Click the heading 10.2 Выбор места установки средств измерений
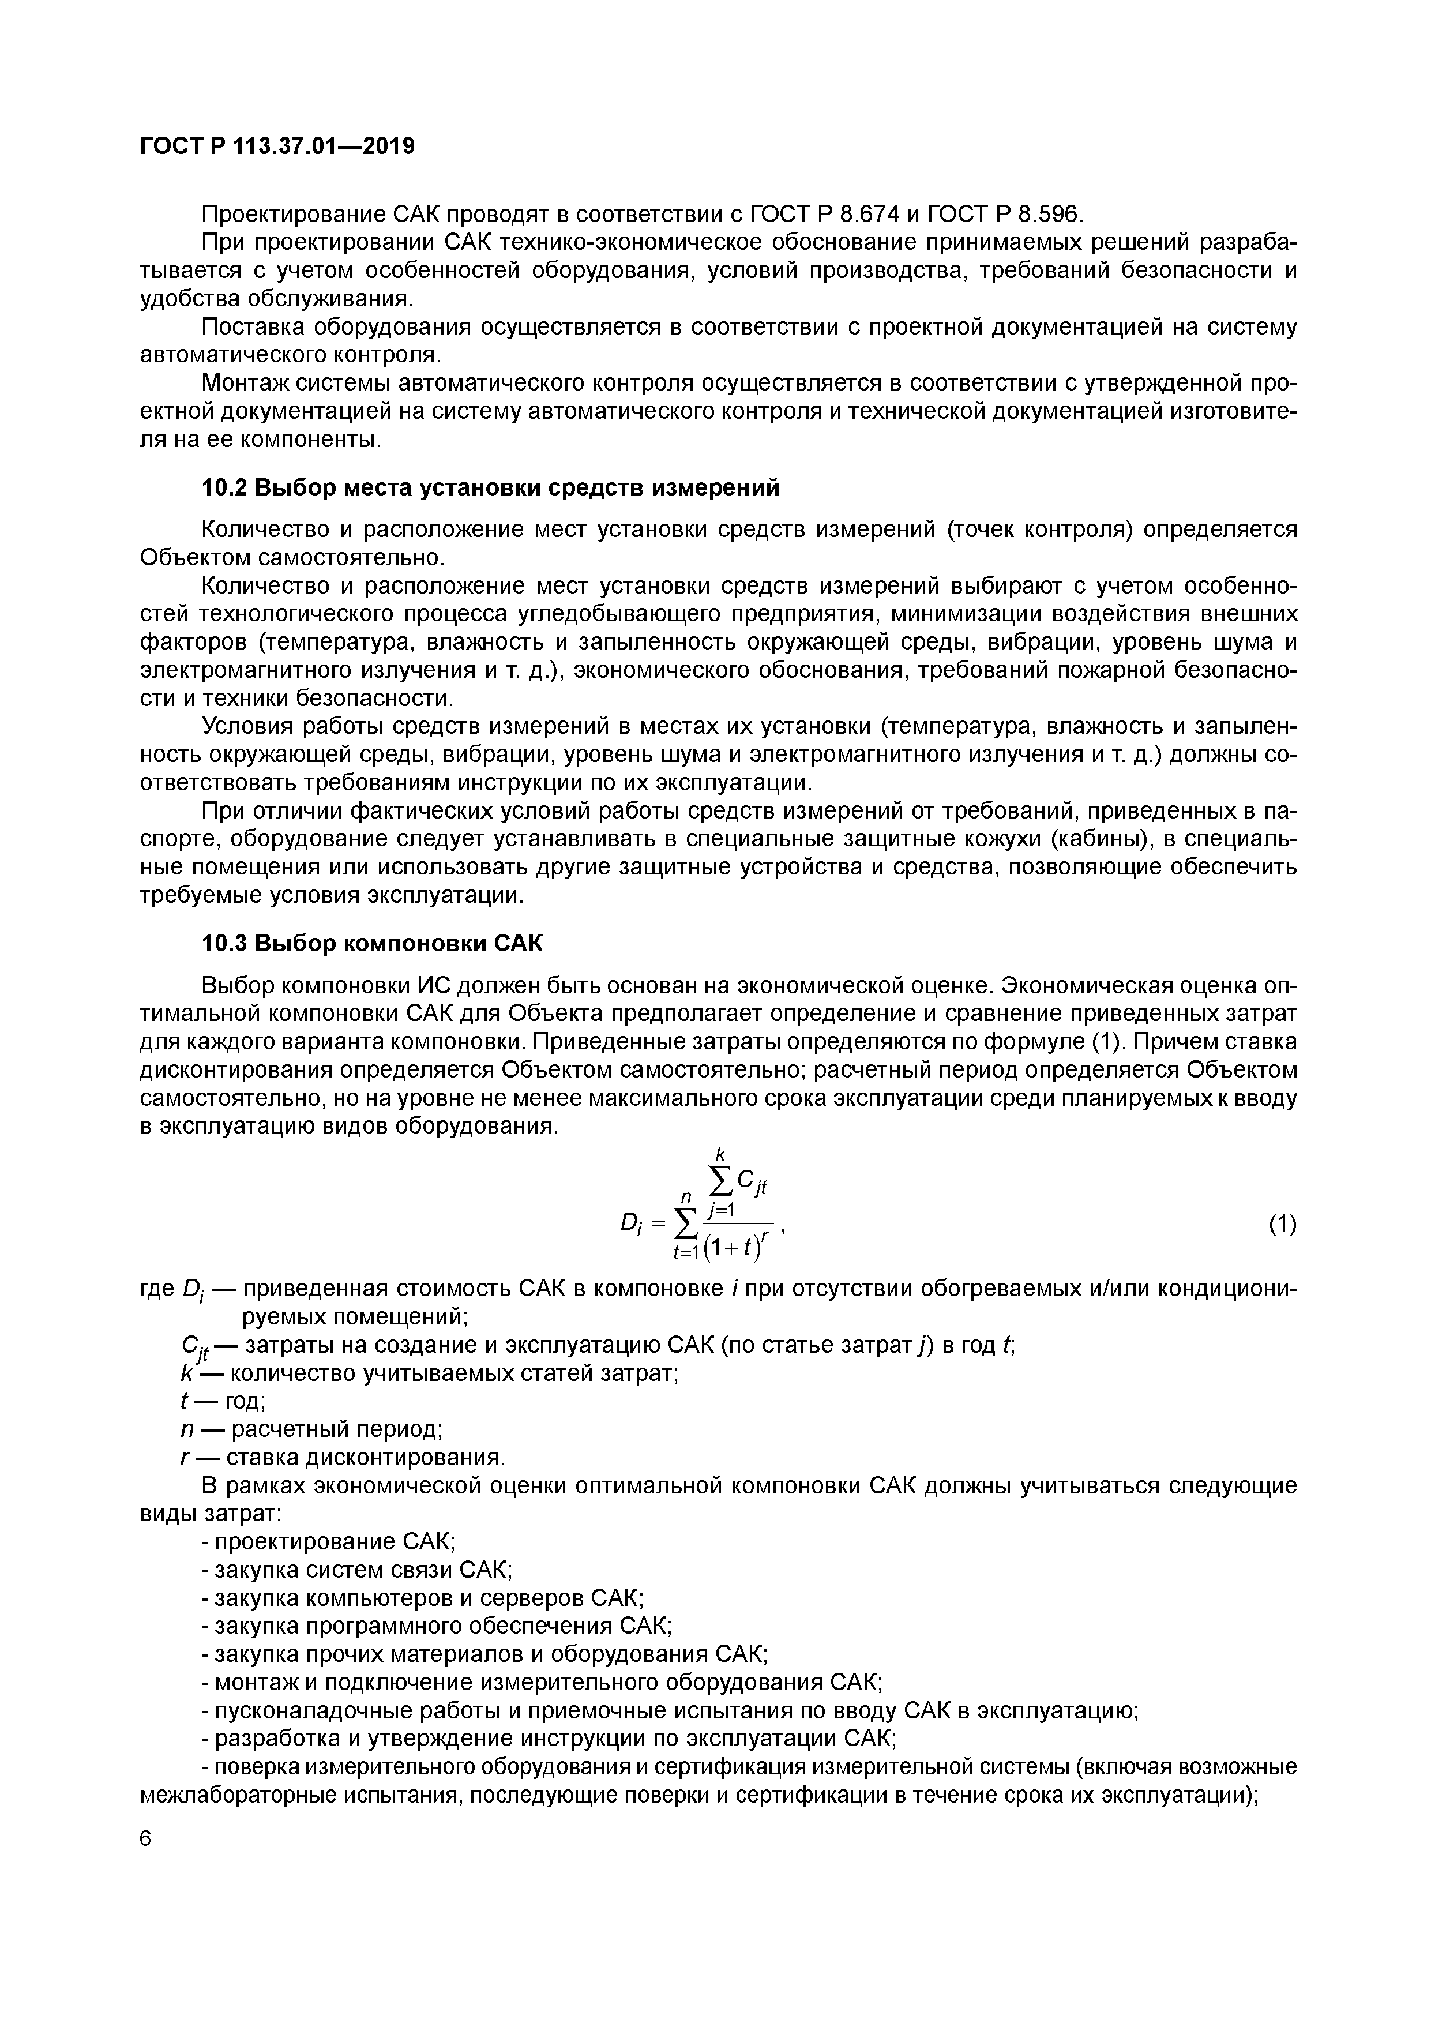click(491, 487)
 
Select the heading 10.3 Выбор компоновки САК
click(373, 944)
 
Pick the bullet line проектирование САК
click(328, 1542)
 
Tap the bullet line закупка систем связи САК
click(357, 1570)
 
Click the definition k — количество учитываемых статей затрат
click(428, 1373)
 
